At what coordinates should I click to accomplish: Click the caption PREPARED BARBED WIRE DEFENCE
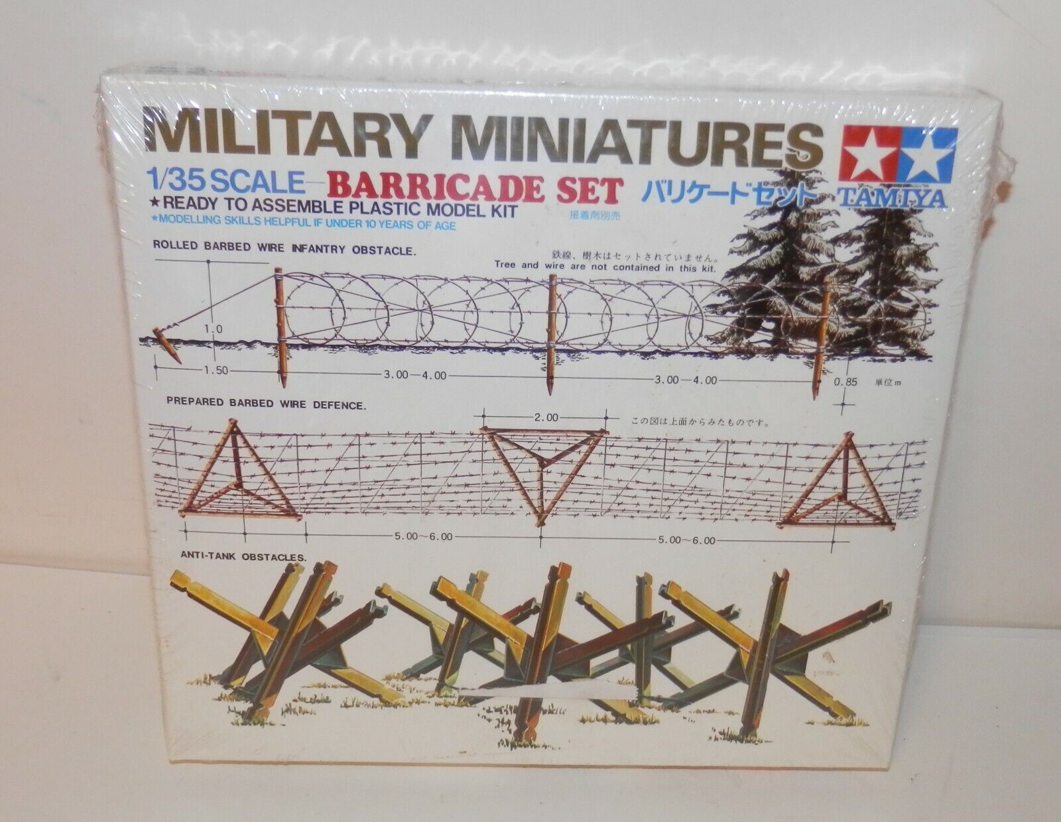[x=266, y=404]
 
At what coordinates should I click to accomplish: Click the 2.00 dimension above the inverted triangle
[x=544, y=418]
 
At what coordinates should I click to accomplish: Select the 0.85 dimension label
[x=861, y=381]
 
